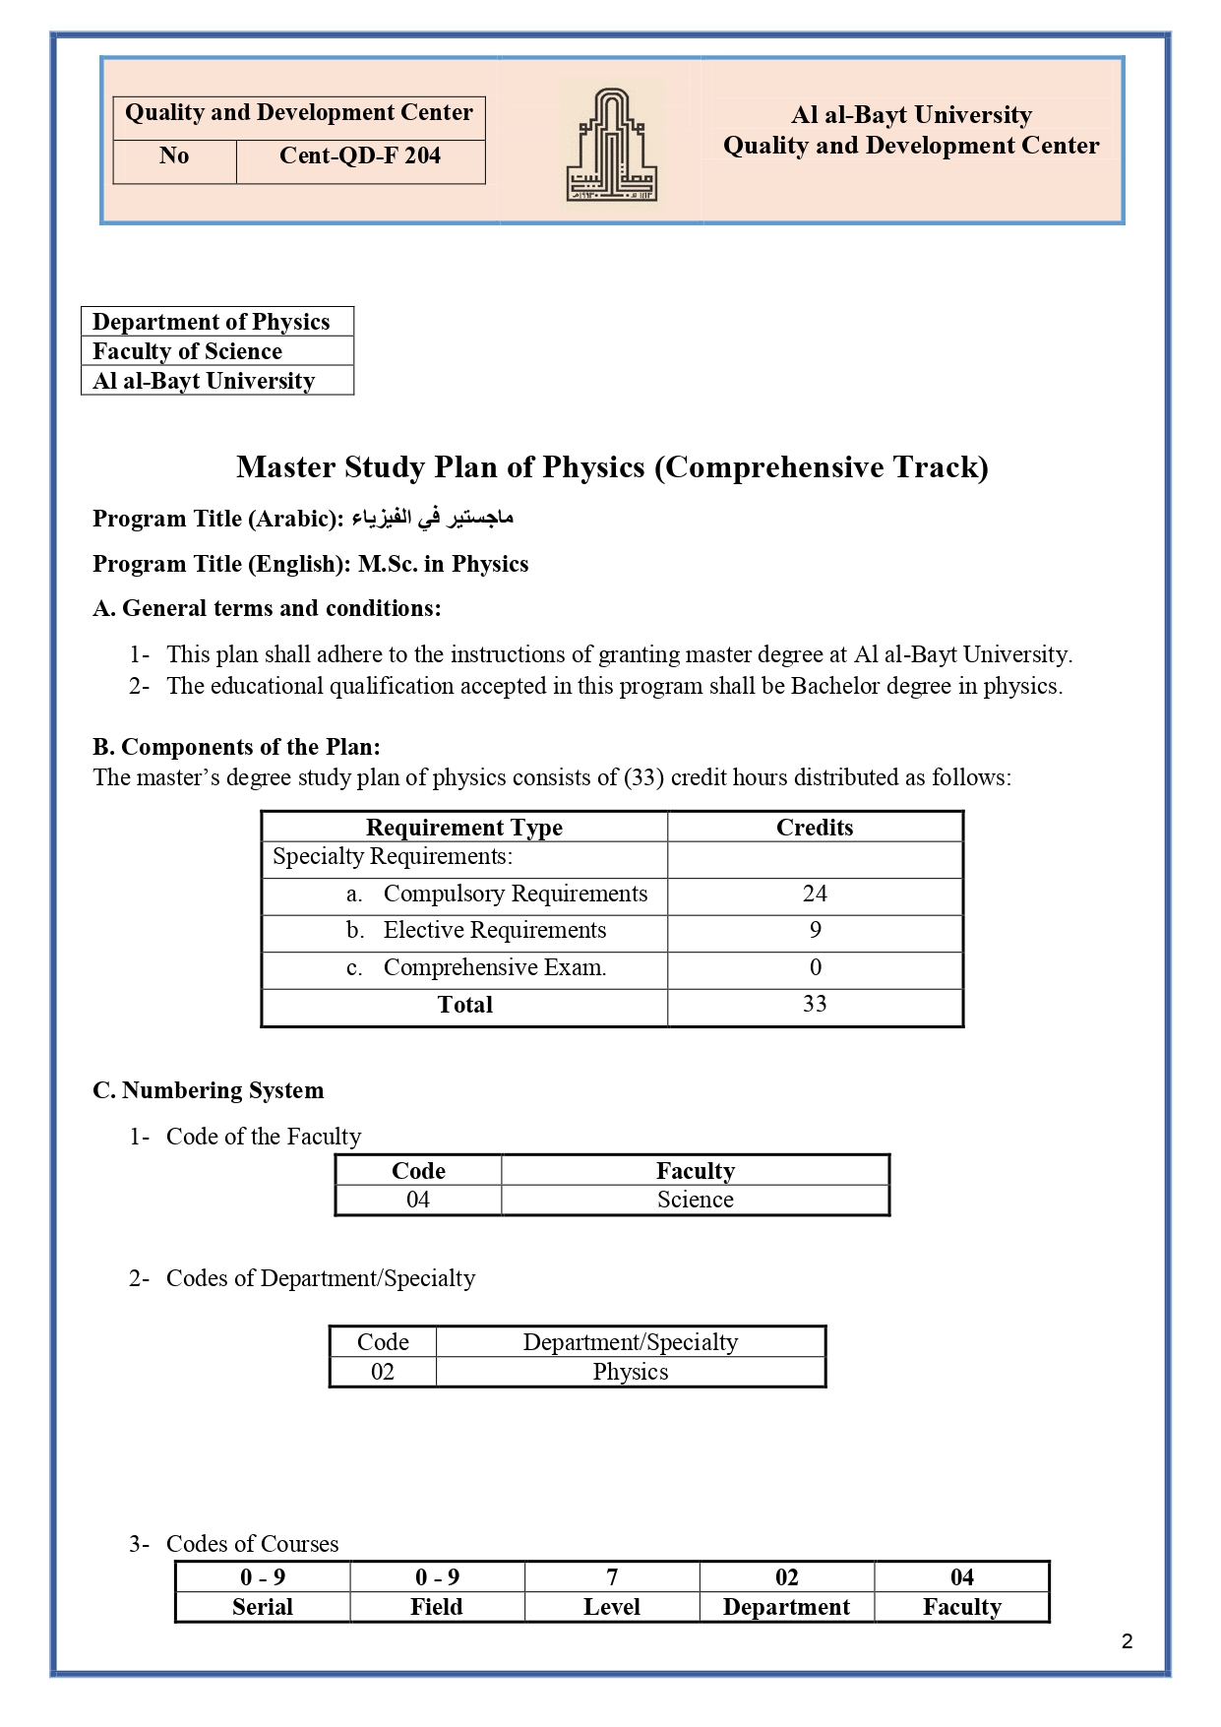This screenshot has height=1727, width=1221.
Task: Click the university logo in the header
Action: [x=611, y=145]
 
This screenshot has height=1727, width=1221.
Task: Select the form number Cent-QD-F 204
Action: [x=360, y=156]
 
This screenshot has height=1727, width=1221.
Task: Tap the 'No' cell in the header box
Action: [x=174, y=156]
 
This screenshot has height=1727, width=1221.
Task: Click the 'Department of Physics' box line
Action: [x=211, y=322]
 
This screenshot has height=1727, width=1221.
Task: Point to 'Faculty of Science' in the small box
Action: [x=187, y=351]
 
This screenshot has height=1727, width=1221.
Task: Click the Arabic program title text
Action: [x=433, y=518]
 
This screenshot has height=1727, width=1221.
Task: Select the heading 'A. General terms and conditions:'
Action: [x=267, y=608]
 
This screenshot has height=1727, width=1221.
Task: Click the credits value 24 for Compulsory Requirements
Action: [x=815, y=894]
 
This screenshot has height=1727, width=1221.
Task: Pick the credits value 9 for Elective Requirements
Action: [x=815, y=930]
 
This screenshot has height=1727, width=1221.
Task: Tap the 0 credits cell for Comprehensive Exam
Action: [x=815, y=967]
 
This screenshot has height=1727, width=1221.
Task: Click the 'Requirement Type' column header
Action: [x=463, y=828]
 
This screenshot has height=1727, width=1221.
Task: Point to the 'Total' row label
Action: [x=464, y=1005]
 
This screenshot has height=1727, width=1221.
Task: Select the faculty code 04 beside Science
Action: [x=418, y=1200]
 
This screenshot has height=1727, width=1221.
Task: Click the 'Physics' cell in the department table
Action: [x=630, y=1372]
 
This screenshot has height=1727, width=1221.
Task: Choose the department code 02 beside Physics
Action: [x=383, y=1372]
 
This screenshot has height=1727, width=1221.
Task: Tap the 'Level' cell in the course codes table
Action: [x=612, y=1607]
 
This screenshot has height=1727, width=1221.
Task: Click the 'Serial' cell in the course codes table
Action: [x=263, y=1607]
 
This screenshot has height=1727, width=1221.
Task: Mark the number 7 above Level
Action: [x=612, y=1577]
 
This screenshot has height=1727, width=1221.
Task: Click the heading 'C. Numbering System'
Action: [x=208, y=1090]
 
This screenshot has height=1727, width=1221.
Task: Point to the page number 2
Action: [x=1127, y=1641]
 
